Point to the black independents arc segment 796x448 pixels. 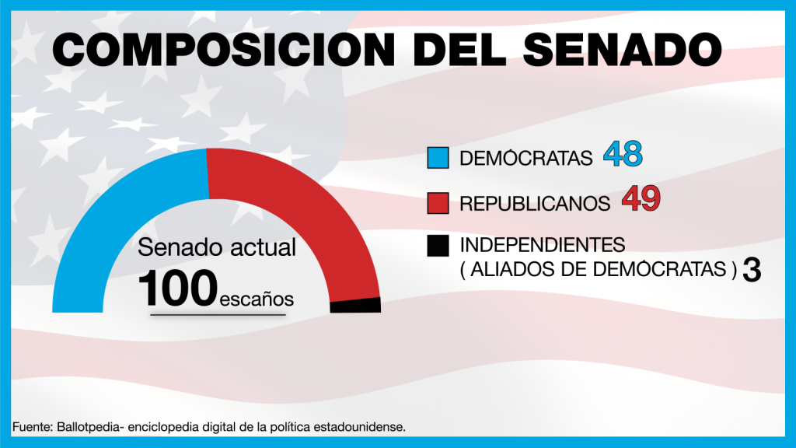pyautogui.click(x=355, y=305)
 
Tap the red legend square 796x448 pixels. pyautogui.click(x=438, y=202)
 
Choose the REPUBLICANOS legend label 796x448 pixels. pyautogui.click(x=535, y=204)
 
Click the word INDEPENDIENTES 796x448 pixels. pyautogui.click(x=543, y=245)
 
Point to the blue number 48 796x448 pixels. pyautogui.click(x=623, y=156)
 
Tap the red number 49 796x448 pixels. pyautogui.click(x=641, y=200)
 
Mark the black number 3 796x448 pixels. pyautogui.click(x=751, y=270)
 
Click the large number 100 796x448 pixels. pyautogui.click(x=178, y=289)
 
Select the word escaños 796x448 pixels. pyautogui.click(x=257, y=298)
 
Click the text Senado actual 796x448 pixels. pyautogui.click(x=217, y=248)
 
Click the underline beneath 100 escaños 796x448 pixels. pyautogui.click(x=218, y=315)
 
